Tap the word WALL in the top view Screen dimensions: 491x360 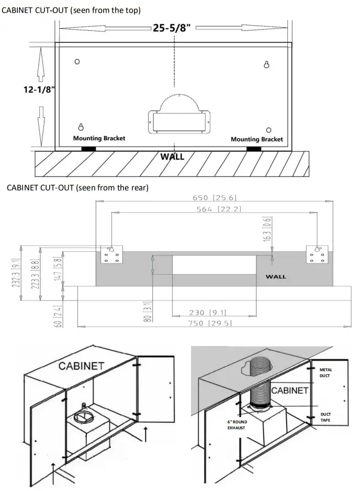172,157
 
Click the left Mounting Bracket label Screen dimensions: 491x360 99,138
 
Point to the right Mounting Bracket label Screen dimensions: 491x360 256,139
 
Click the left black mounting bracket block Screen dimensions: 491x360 88,149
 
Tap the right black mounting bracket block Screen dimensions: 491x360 254,149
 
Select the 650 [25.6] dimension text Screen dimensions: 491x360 215,197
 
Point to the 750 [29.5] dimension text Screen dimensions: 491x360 212,323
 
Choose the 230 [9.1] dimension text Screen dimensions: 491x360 213,313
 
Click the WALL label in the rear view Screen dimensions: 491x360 276,276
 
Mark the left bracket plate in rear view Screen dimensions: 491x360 110,255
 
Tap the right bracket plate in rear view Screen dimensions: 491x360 317,255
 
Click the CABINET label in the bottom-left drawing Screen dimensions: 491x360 81,366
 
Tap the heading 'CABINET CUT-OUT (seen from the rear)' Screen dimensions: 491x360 77,188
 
